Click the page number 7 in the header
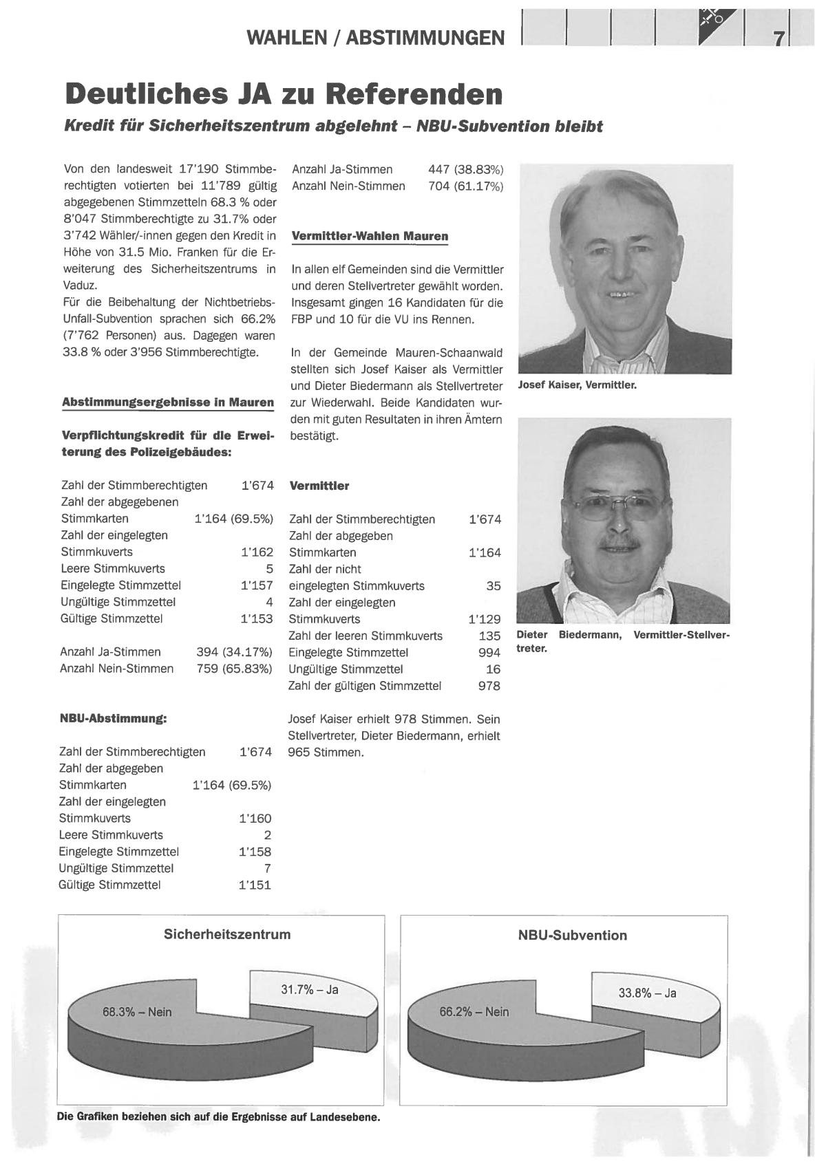click(779, 39)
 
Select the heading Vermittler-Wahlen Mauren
click(370, 236)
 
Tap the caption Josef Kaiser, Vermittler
click(577, 385)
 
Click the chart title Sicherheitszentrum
click(227, 934)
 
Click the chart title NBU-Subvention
click(572, 936)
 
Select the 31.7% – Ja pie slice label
click(310, 990)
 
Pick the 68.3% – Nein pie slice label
click(137, 1012)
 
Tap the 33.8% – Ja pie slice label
click(647, 993)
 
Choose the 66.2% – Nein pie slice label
click(474, 1012)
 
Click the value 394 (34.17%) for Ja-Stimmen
click(234, 652)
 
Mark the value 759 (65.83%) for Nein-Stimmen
click(234, 669)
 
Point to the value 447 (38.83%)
click(465, 169)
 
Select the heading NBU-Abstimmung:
click(114, 719)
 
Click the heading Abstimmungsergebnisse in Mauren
click(167, 402)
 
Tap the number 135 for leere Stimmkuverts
click(489, 636)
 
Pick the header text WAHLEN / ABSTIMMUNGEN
click(375, 38)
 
